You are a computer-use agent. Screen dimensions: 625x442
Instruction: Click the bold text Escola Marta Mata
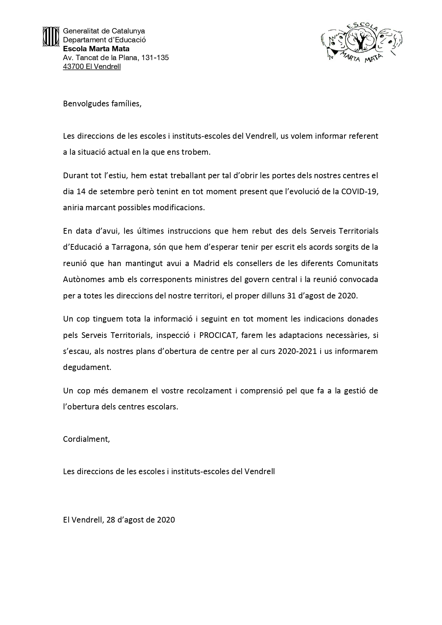[96, 49]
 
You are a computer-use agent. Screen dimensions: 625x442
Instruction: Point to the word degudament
[87, 367]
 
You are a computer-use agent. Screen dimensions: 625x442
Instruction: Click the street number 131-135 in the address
[155, 58]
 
